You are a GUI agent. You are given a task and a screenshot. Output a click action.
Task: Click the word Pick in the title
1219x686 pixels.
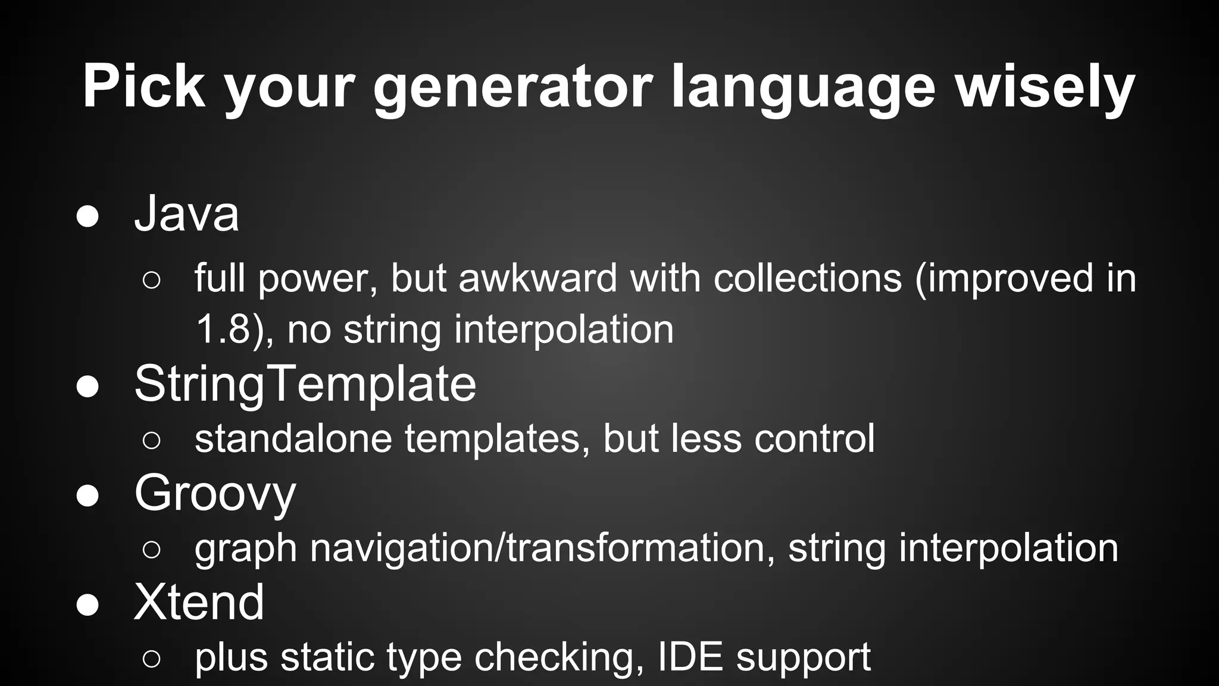coord(143,86)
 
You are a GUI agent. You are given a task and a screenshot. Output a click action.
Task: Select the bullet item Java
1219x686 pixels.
coord(186,213)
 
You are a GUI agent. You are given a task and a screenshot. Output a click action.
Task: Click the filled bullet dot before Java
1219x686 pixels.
coord(87,217)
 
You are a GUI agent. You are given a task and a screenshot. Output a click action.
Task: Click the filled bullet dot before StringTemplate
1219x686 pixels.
coord(87,386)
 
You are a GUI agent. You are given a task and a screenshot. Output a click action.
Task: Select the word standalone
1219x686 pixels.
coord(293,438)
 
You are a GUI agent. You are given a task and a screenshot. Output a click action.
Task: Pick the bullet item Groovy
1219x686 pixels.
coord(215,493)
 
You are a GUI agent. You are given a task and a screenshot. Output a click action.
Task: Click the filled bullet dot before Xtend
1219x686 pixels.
coord(87,605)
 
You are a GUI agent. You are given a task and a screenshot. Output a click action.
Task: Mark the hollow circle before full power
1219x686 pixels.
coord(152,280)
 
